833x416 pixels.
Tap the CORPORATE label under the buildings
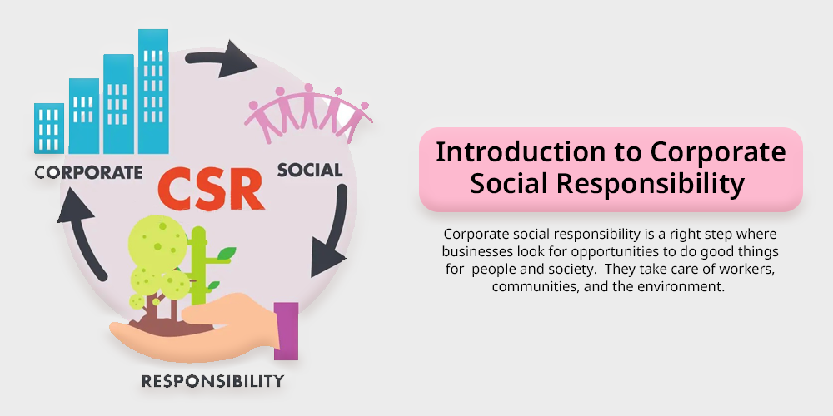(x=88, y=172)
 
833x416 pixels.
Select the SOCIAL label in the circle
(x=310, y=170)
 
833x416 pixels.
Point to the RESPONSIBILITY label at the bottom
(x=212, y=380)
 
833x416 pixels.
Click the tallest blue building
(x=153, y=92)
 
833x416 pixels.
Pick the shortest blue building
(x=49, y=128)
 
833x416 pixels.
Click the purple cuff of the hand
(x=286, y=331)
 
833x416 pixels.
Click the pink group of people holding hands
(x=308, y=113)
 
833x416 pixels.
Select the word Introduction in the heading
(x=520, y=152)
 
